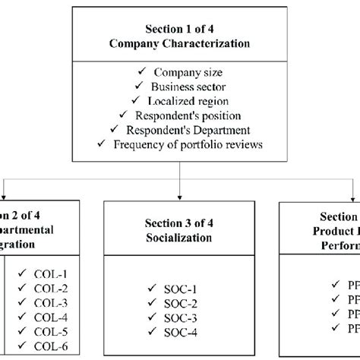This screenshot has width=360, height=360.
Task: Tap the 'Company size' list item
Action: (x=186, y=72)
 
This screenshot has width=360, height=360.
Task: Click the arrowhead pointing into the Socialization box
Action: (x=179, y=197)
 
